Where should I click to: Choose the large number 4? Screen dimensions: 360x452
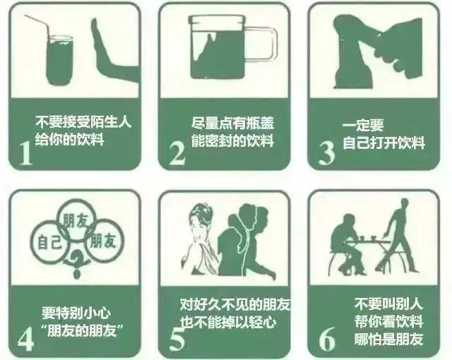[26, 337]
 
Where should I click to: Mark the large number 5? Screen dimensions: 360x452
[177, 337]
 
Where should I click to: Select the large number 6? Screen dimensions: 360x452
[327, 337]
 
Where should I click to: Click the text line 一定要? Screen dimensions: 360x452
[363, 126]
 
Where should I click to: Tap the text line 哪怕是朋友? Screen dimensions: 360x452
[388, 338]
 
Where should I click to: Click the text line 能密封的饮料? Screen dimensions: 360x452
[232, 140]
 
